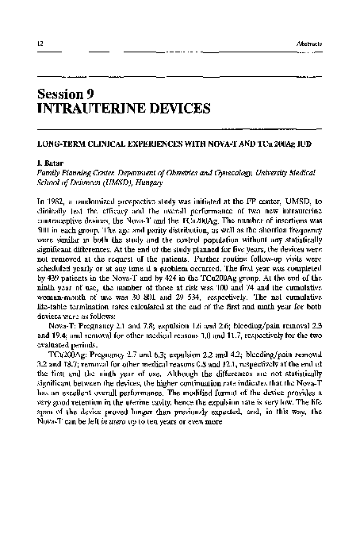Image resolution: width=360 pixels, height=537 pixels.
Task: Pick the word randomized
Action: (98, 205)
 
